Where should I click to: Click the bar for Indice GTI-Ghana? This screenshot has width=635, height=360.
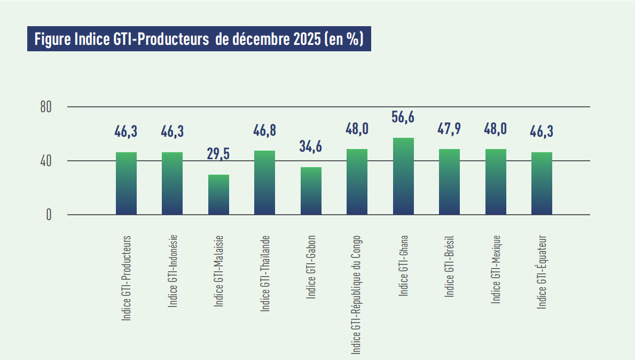(x=403, y=176)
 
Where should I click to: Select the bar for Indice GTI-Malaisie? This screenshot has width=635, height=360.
(x=218, y=194)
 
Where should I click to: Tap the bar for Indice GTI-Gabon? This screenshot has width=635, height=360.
(x=311, y=191)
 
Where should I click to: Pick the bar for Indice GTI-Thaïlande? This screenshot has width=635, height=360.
(x=264, y=183)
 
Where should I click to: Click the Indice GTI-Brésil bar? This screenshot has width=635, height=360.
(x=449, y=182)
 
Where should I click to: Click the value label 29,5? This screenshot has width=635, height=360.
(x=218, y=154)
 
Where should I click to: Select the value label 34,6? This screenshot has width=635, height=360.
(x=311, y=146)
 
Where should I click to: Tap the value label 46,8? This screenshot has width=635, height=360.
(x=264, y=130)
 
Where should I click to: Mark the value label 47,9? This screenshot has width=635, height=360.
(x=449, y=129)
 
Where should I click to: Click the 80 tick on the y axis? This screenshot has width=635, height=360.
(x=46, y=107)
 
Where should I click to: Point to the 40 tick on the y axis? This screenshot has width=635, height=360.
(x=46, y=161)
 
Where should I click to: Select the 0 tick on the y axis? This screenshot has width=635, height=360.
(x=49, y=215)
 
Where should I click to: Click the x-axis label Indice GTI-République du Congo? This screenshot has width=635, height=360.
(x=356, y=294)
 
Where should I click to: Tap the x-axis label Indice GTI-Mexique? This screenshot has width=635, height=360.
(x=496, y=269)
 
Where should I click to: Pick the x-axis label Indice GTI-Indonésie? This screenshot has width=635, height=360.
(x=173, y=271)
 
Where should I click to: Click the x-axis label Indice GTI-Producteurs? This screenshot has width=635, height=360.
(x=127, y=278)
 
